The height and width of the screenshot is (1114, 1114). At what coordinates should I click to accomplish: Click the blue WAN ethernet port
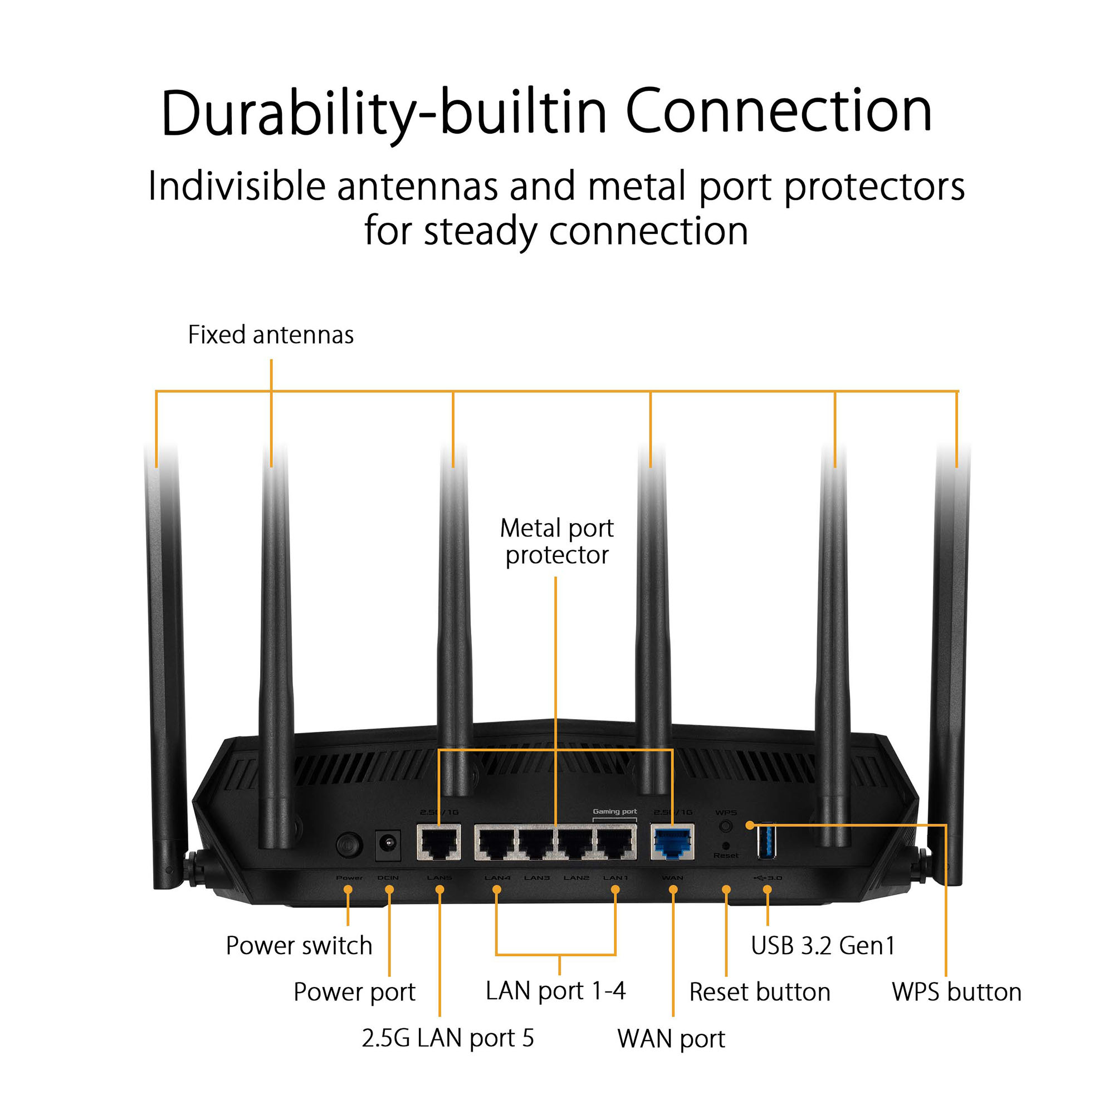coord(672,842)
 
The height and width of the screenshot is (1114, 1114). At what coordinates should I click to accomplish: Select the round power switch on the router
coord(349,846)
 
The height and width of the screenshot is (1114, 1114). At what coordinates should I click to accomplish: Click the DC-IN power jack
coord(388,845)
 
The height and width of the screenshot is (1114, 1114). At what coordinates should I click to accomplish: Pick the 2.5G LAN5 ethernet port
coord(439,842)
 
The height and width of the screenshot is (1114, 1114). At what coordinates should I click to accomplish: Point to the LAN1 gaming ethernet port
coord(616,842)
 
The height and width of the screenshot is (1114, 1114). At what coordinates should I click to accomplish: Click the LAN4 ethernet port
coord(496,842)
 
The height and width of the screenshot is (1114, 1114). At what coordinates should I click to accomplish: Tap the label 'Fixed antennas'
coord(271,335)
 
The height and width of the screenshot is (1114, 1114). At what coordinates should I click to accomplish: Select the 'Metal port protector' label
coord(556,541)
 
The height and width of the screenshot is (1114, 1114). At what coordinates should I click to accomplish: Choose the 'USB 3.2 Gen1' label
coord(823,946)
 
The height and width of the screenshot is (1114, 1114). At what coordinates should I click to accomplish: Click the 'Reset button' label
coord(760,993)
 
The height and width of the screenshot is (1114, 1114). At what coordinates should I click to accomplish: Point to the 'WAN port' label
coord(671,1039)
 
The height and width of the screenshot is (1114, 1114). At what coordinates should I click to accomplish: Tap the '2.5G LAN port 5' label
coord(447,1038)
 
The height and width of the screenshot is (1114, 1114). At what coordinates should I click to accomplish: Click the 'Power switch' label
coord(299,946)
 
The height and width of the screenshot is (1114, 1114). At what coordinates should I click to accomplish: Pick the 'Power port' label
coord(354,993)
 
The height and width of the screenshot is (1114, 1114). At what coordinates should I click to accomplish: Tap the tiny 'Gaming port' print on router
coord(615,812)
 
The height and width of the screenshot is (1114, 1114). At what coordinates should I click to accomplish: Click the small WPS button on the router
coord(726,826)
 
